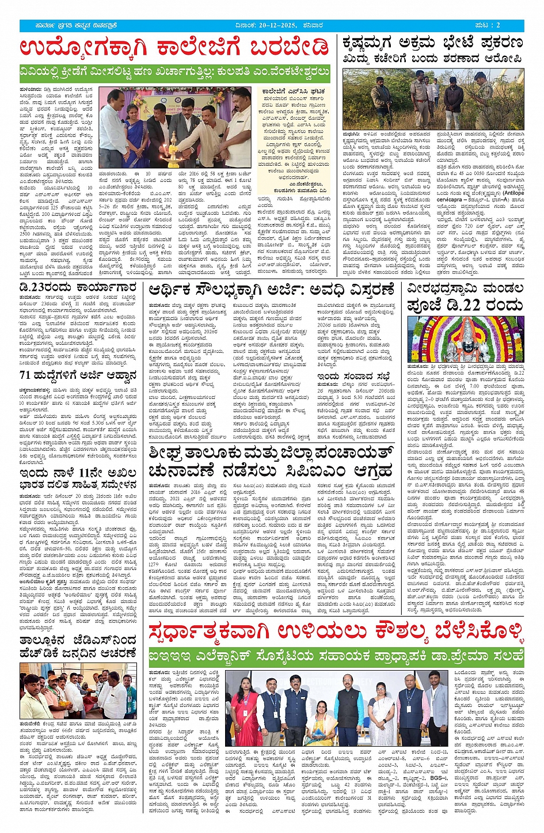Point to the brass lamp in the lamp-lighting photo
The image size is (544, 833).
(173, 142)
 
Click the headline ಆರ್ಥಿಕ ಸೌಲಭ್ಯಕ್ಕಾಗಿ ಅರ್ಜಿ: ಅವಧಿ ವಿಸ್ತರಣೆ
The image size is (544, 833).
(271, 290)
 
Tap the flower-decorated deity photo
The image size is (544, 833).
(465, 339)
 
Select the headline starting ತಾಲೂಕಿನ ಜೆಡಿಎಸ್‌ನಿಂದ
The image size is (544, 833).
(78, 646)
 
